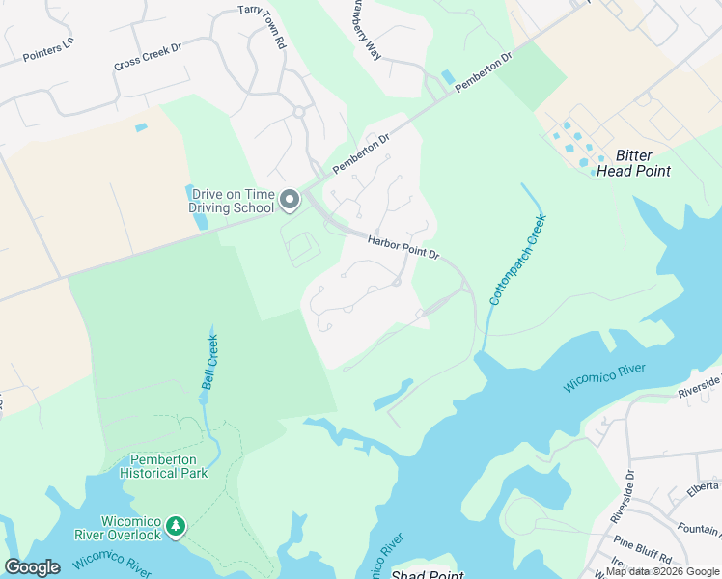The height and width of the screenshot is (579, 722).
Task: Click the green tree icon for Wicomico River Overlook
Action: [175, 526]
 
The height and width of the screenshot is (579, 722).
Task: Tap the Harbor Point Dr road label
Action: [403, 248]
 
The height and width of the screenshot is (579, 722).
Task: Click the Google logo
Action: [32, 567]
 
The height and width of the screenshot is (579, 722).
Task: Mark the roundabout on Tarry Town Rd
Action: [299, 112]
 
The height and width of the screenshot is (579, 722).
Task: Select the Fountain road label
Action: [700, 528]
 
